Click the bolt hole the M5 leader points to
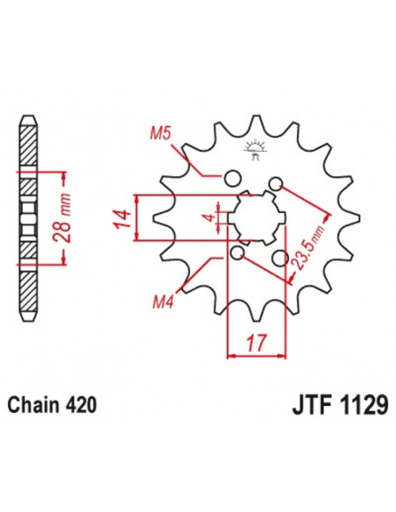click(232, 179)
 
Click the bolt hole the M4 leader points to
click(237, 253)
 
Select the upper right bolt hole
click(276, 183)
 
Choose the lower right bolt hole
click(281, 259)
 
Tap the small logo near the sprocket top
click(256, 150)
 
